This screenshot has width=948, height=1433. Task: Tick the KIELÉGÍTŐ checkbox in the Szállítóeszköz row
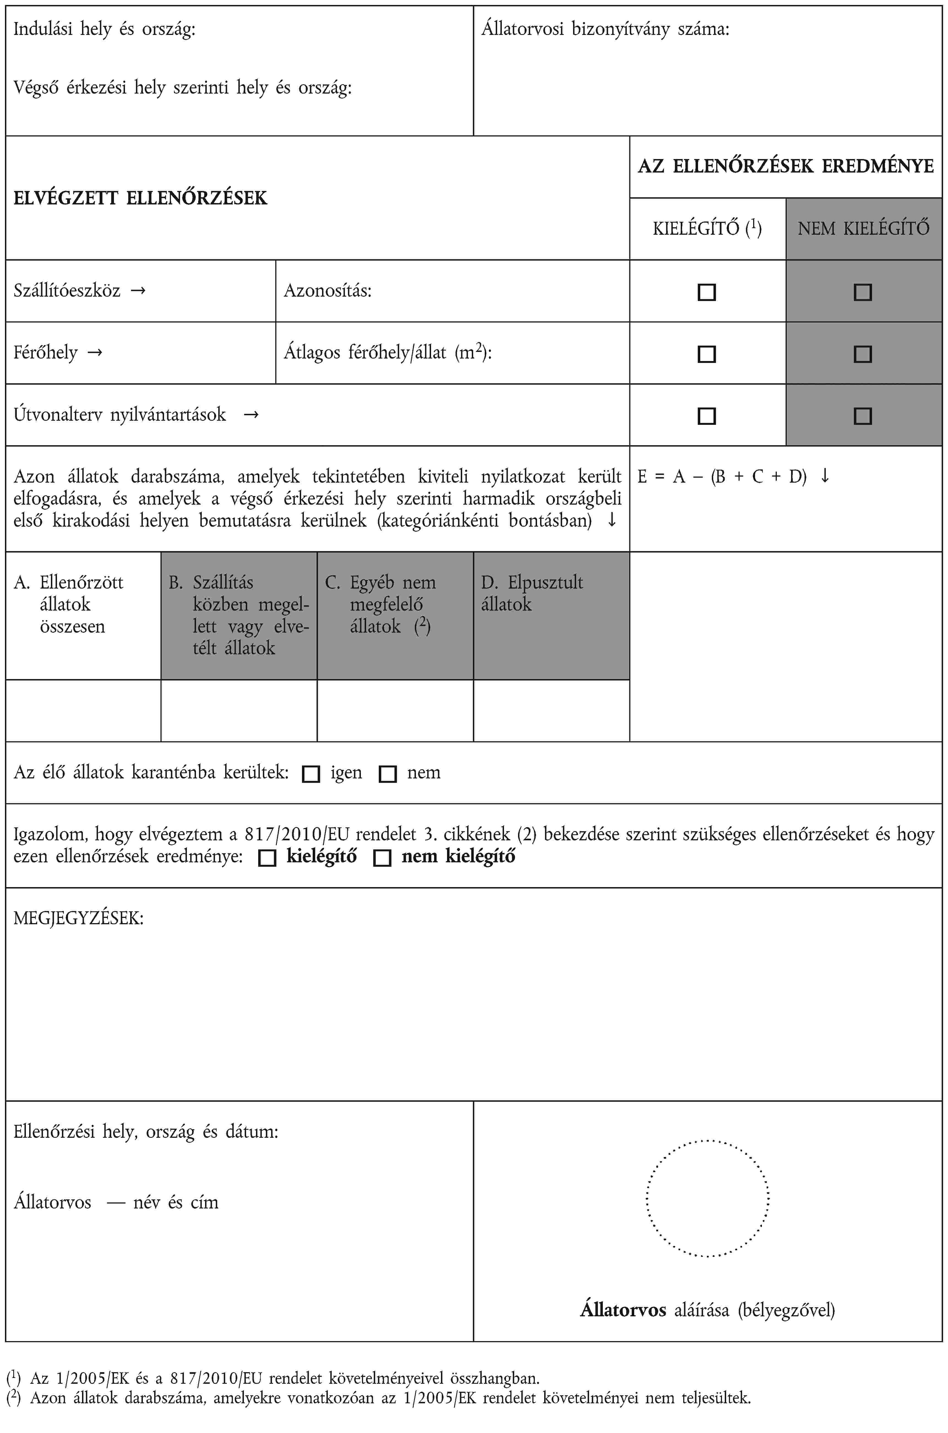pos(707,292)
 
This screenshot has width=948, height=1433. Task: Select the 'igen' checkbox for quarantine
pos(311,774)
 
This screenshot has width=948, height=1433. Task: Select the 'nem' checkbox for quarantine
pos(388,774)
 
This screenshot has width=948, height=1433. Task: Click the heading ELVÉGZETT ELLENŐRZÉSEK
pos(140,198)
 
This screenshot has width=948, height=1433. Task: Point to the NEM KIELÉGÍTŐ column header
pos(863,228)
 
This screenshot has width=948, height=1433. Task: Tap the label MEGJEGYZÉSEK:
pos(79,919)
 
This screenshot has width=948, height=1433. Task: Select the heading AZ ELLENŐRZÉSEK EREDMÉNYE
pos(785,166)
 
